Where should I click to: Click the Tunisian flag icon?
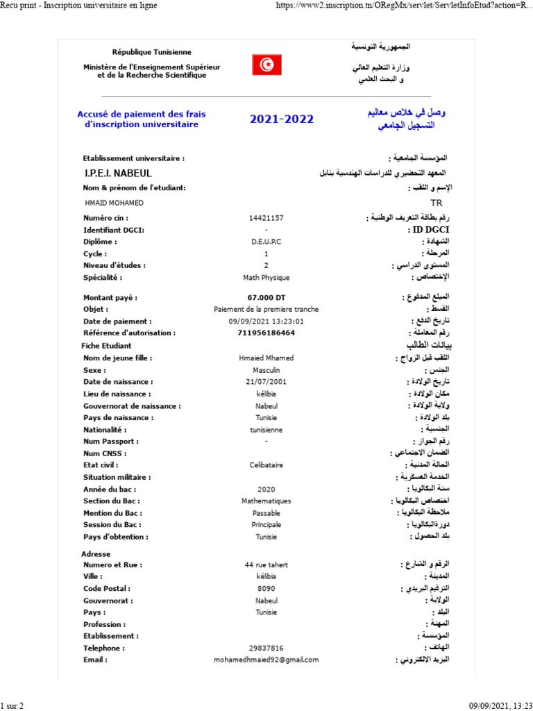(x=266, y=65)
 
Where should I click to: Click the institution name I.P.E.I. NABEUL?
(x=117, y=173)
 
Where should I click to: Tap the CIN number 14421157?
(x=266, y=218)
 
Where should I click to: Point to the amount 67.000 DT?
(x=266, y=298)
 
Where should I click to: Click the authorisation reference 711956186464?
(x=266, y=333)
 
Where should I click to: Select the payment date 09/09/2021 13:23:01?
(x=266, y=321)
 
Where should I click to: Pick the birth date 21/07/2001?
(x=266, y=382)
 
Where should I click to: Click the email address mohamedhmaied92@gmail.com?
(x=266, y=660)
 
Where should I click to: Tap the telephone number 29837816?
(x=266, y=648)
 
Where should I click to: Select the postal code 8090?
(x=266, y=589)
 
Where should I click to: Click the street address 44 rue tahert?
(x=266, y=565)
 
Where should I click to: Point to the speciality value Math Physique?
(x=266, y=278)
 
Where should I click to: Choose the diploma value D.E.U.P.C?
(x=266, y=242)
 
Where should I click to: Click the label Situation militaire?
(x=117, y=478)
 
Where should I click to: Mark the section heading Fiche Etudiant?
(x=106, y=346)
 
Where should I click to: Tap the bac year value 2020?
(x=266, y=490)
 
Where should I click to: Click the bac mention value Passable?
(x=266, y=513)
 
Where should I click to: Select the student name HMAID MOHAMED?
(x=114, y=203)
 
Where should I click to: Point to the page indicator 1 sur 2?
(x=12, y=706)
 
